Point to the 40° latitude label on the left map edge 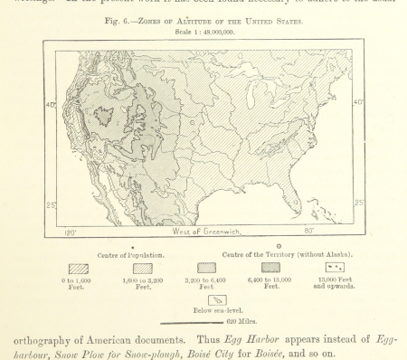(x=51, y=106)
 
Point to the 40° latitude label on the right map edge (x=358, y=102)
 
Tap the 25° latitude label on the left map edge (x=51, y=205)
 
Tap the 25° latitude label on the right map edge (x=358, y=203)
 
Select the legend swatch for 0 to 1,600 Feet (x=78, y=268)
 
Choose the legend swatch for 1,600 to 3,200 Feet (x=143, y=268)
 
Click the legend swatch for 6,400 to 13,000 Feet (x=270, y=268)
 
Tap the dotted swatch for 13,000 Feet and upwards (x=334, y=268)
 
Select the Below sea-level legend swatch (x=218, y=299)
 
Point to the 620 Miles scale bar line (x=191, y=322)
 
